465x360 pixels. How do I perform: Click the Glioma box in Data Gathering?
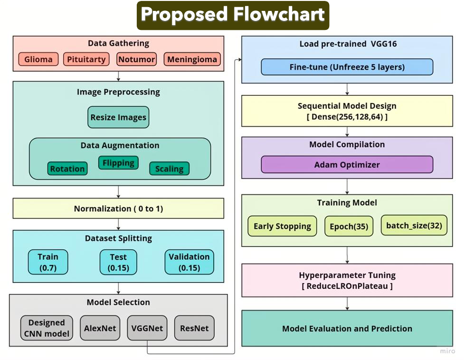coord(38,59)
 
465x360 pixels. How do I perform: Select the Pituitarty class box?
coord(86,59)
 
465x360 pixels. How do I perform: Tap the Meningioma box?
coord(192,59)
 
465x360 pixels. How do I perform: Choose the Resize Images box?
coord(118,117)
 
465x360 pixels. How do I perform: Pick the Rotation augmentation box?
coord(67,169)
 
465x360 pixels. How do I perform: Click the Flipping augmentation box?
coord(118,163)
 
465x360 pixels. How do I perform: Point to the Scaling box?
coord(169,169)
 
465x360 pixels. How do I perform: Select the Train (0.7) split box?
coord(47,262)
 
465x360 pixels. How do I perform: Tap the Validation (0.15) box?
coord(189,262)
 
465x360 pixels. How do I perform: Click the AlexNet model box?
coord(100,328)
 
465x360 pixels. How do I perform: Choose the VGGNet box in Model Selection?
coord(147,328)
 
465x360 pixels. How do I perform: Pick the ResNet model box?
coord(194,328)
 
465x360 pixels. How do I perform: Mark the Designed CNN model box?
coord(47,328)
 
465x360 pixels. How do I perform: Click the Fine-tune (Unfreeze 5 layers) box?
coord(347,67)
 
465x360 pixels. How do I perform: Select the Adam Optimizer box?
coord(347,165)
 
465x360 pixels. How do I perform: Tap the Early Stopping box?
coord(282,226)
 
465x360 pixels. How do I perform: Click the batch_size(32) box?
coord(414,225)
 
